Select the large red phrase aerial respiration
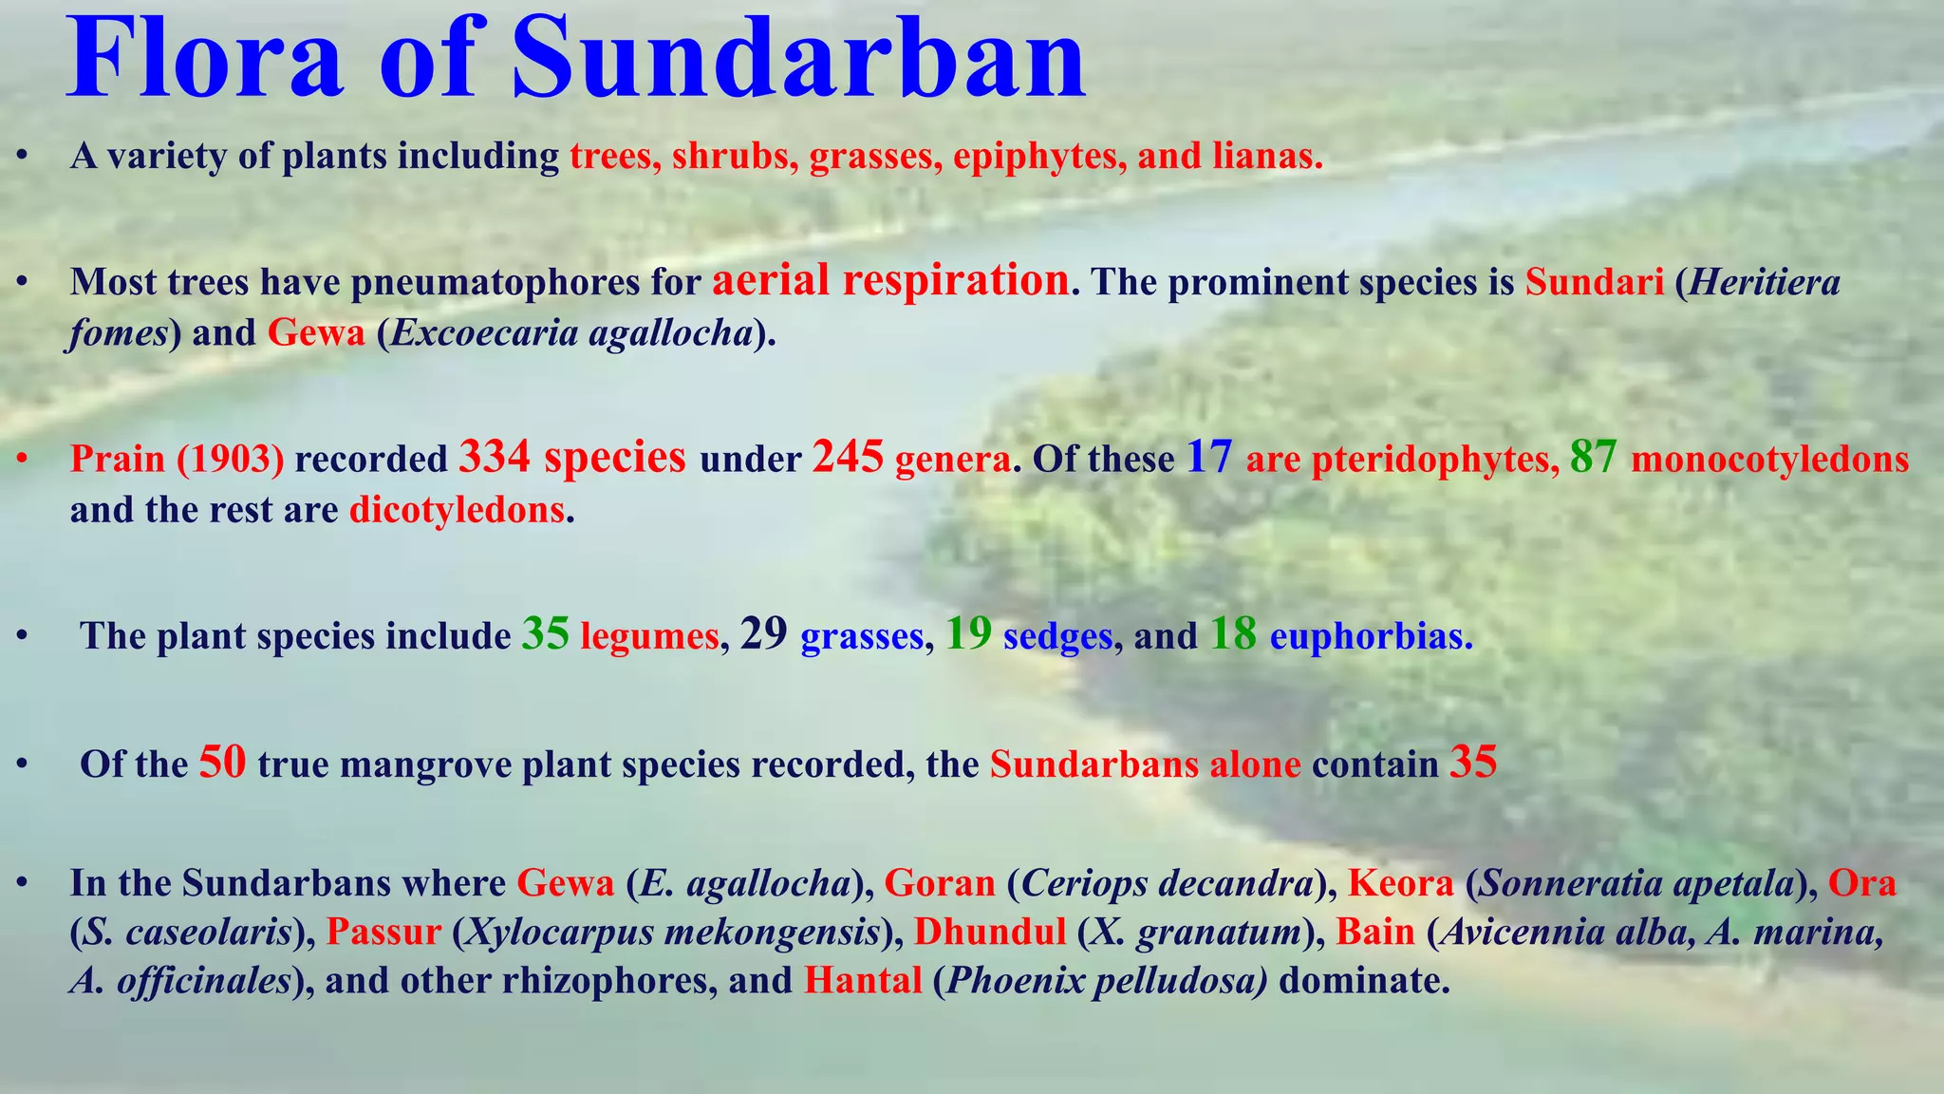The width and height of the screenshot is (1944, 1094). (890, 281)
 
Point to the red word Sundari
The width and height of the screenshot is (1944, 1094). (1595, 283)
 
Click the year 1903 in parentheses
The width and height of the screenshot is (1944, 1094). (230, 460)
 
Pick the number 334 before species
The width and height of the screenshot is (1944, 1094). (494, 457)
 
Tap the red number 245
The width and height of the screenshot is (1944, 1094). (848, 457)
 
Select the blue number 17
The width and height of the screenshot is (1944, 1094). (1209, 457)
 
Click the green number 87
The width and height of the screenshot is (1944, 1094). (1593, 457)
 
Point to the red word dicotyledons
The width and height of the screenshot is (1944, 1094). (458, 511)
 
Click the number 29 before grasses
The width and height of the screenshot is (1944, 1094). (763, 634)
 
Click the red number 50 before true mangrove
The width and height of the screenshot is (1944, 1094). (222, 763)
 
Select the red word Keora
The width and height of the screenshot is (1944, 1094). (1400, 884)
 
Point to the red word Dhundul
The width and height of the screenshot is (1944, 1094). (990, 933)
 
